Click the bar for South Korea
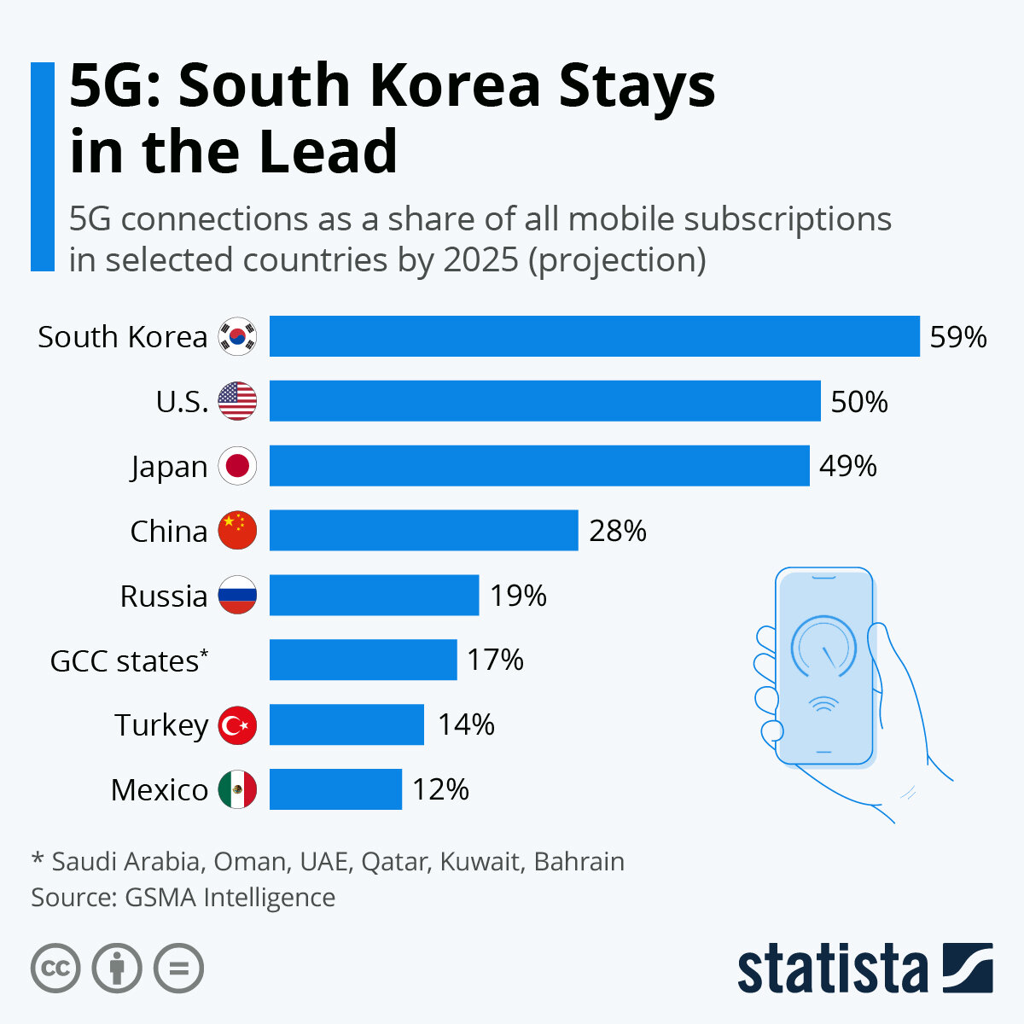pyautogui.click(x=594, y=336)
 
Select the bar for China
pyautogui.click(x=423, y=531)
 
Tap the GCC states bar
pyautogui.click(x=363, y=660)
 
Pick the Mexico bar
pyautogui.click(x=335, y=789)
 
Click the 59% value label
pyautogui.click(x=957, y=337)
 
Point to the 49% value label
pyautogui.click(x=847, y=466)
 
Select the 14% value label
pyautogui.click(x=466, y=724)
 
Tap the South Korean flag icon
pyautogui.click(x=237, y=336)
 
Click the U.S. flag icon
pyautogui.click(x=237, y=401)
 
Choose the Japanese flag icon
pyautogui.click(x=237, y=466)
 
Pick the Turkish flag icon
pyautogui.click(x=237, y=725)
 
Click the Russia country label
pyautogui.click(x=163, y=596)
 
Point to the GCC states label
pyautogui.click(x=128, y=660)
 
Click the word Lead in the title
pyautogui.click(x=328, y=151)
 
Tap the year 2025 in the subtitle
pyautogui.click(x=480, y=259)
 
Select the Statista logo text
pyautogui.click(x=832, y=969)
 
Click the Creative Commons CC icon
pyautogui.click(x=55, y=969)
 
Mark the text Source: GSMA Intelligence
pyautogui.click(x=183, y=898)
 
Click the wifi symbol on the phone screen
pyautogui.click(x=823, y=704)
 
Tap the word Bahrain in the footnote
pyautogui.click(x=579, y=861)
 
